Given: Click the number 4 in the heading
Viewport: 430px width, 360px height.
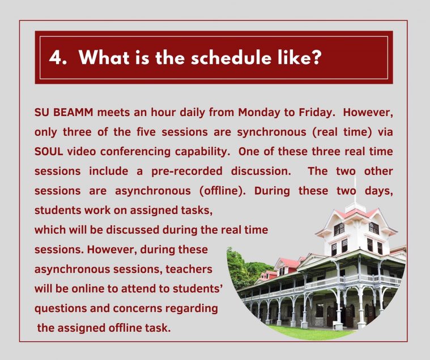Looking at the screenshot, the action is tap(55, 58).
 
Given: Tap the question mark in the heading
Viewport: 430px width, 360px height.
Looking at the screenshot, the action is tap(316, 57).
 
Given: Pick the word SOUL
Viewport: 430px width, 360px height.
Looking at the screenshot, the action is tap(49, 152).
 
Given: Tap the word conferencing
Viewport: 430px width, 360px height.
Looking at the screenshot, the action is tap(135, 152).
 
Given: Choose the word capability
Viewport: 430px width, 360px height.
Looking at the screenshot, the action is tap(202, 152).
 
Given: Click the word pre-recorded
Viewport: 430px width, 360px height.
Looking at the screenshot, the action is tap(187, 172).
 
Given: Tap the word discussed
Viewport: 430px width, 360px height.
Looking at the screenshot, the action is tap(133, 230).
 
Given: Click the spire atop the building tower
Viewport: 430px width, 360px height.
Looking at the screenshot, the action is tap(355, 190).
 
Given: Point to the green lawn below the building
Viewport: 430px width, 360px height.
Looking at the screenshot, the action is tap(310, 332).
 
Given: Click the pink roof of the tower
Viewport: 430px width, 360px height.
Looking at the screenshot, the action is tap(356, 212).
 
